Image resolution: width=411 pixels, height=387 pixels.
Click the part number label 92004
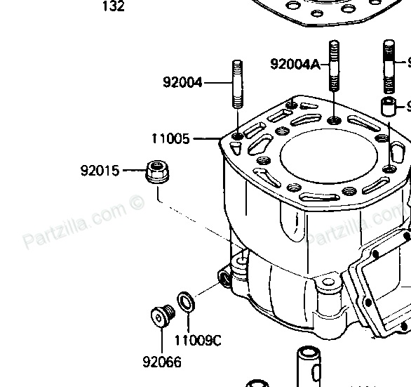(x=182, y=82)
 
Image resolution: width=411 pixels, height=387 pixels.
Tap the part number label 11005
(x=170, y=139)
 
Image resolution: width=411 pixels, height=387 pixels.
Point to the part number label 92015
(x=100, y=170)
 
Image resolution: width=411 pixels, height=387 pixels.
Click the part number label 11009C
(x=197, y=341)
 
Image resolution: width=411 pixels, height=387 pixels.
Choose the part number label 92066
(x=161, y=362)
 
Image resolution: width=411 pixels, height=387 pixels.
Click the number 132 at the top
(x=113, y=7)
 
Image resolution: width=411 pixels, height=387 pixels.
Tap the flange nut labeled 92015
(x=156, y=171)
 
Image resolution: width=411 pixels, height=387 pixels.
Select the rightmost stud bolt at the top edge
(x=390, y=67)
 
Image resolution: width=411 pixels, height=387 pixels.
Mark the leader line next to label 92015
(x=133, y=170)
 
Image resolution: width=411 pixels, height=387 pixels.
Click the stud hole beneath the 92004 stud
(x=237, y=134)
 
